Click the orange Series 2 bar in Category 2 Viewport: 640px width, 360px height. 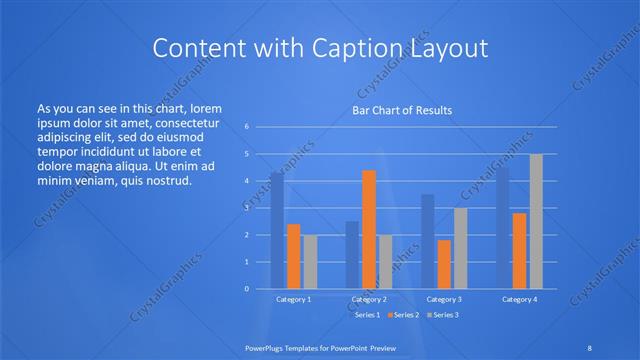369,229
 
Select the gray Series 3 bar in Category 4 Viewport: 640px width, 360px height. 536,221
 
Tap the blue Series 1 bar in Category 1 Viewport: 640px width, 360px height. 277,230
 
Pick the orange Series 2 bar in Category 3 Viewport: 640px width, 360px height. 444,264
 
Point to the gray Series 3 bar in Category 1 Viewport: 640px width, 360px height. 310,261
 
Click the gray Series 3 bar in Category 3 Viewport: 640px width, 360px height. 461,248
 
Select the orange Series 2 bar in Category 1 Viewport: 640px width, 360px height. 293,256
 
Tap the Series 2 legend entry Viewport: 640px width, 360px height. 402,315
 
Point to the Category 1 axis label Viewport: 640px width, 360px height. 293,299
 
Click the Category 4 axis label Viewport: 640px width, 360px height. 519,299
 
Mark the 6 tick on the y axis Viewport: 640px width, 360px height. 246,127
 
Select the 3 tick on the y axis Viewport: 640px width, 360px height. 246,208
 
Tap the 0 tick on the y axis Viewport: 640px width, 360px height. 246,289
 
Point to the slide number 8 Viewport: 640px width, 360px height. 588,346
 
